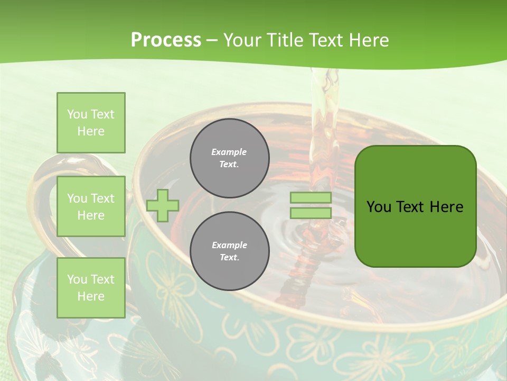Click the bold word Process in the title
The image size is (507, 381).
click(x=166, y=40)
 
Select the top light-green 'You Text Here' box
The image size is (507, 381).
click(x=91, y=123)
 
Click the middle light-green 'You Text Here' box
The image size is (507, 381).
click(x=91, y=206)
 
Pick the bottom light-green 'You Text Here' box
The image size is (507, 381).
click(x=91, y=288)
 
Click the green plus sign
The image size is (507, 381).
click(x=163, y=205)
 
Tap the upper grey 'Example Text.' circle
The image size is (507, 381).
click(x=229, y=158)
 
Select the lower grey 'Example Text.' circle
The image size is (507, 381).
click(x=229, y=251)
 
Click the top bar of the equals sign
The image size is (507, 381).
click(x=311, y=198)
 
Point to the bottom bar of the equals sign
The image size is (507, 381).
click(x=311, y=213)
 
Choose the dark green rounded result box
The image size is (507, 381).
click(x=415, y=233)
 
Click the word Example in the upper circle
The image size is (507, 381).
click(x=229, y=152)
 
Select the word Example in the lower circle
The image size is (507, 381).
click(x=229, y=245)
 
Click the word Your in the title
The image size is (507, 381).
click(x=241, y=40)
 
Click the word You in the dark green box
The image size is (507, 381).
click(x=379, y=207)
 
